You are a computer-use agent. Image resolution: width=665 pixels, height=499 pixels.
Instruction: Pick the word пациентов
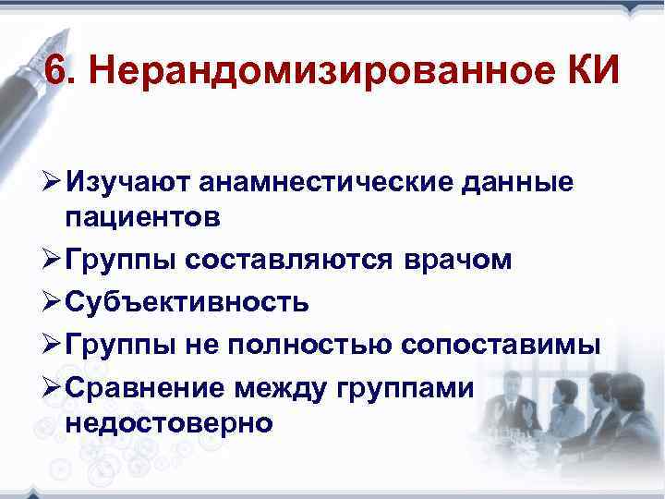[x=143, y=218]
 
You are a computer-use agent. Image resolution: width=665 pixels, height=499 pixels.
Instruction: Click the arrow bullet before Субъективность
[x=48, y=302]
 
